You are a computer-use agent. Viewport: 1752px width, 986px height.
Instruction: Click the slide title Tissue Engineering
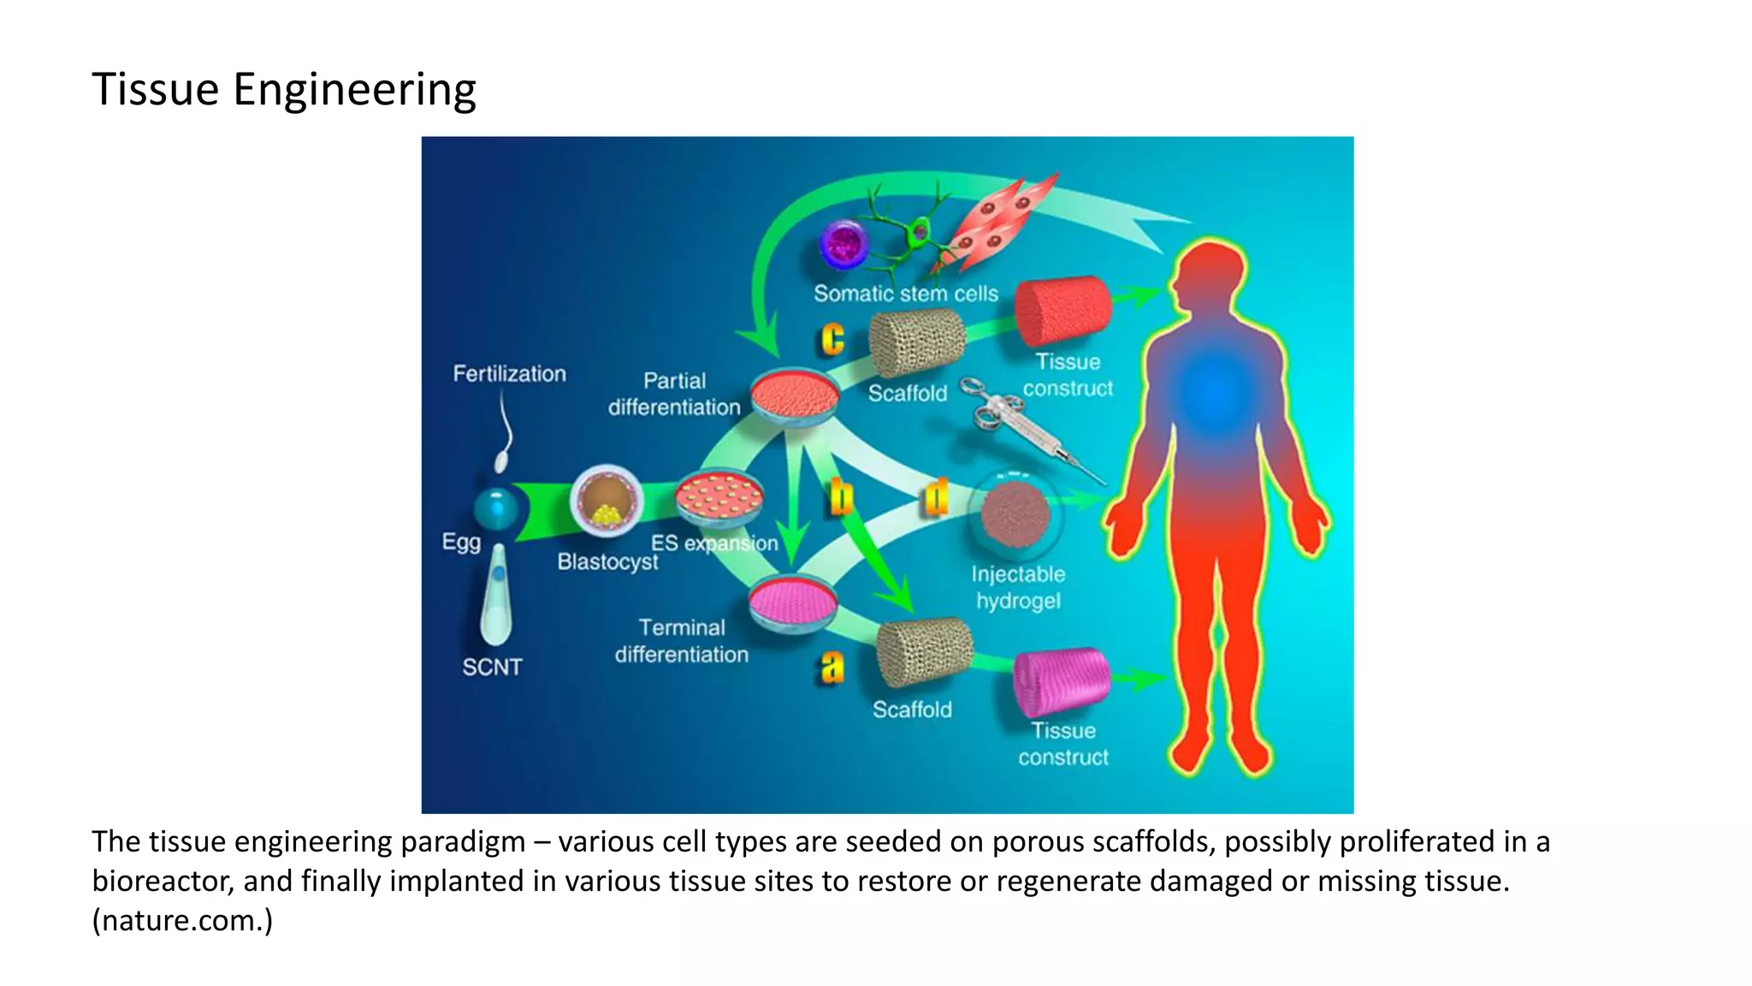283,90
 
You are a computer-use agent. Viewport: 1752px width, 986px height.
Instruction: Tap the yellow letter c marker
832,339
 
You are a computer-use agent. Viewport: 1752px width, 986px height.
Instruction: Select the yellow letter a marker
832,667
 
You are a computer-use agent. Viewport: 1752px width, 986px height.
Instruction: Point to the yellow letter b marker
842,497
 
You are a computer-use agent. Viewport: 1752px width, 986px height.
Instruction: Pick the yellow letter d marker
937,497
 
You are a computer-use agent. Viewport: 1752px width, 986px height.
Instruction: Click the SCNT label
492,667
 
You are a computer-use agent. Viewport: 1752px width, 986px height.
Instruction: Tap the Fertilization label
509,374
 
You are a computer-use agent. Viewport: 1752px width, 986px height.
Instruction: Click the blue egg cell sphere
496,508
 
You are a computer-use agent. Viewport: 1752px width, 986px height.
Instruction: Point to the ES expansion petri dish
719,498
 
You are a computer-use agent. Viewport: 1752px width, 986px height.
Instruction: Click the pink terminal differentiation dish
793,603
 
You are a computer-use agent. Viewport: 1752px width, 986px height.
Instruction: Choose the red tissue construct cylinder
1063,311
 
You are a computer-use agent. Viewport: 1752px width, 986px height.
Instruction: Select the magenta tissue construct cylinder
1062,680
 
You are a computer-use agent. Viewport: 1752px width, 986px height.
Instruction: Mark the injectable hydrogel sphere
1015,514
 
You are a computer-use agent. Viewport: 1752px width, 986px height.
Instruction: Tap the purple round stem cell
844,243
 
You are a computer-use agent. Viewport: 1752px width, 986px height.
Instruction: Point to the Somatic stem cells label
906,294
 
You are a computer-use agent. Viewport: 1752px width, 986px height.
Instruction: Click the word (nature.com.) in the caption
182,921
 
